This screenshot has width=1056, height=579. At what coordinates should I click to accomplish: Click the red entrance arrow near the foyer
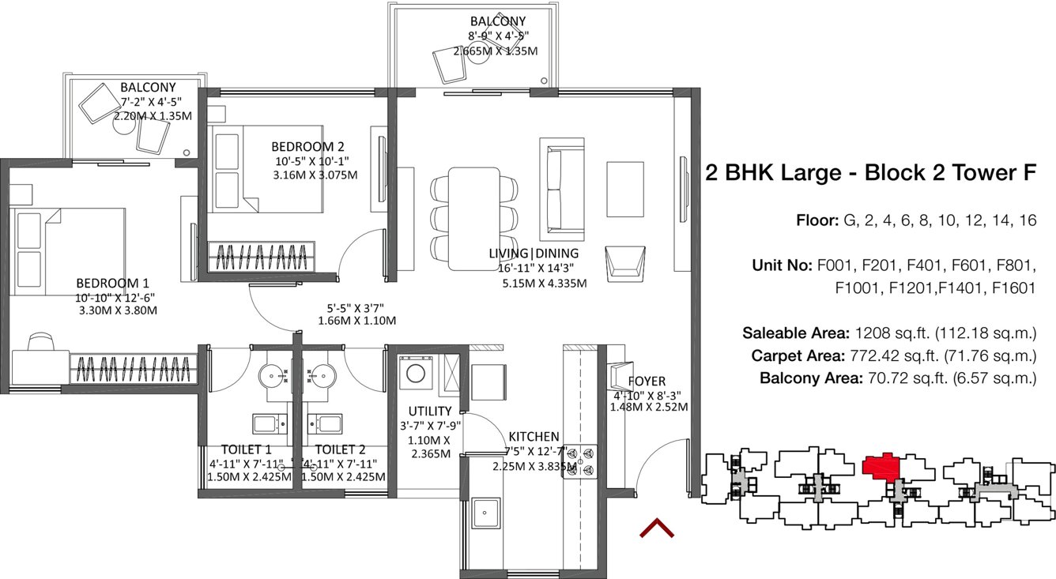coord(656,528)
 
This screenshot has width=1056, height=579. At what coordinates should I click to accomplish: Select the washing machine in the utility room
coord(415,374)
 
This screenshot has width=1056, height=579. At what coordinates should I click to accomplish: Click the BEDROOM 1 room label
coord(112,283)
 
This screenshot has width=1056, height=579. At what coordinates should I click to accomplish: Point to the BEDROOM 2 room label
coord(307,146)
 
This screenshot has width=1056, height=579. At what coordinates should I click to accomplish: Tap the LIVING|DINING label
coord(534,254)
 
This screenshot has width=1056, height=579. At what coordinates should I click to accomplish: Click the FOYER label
coord(647,381)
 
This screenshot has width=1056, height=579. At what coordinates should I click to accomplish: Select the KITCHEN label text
coord(534,437)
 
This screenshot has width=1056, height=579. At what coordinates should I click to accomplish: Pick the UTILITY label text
coord(429,411)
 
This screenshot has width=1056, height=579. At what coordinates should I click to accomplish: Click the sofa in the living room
coord(561,189)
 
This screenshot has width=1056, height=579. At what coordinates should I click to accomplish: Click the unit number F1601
coord(1012,288)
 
